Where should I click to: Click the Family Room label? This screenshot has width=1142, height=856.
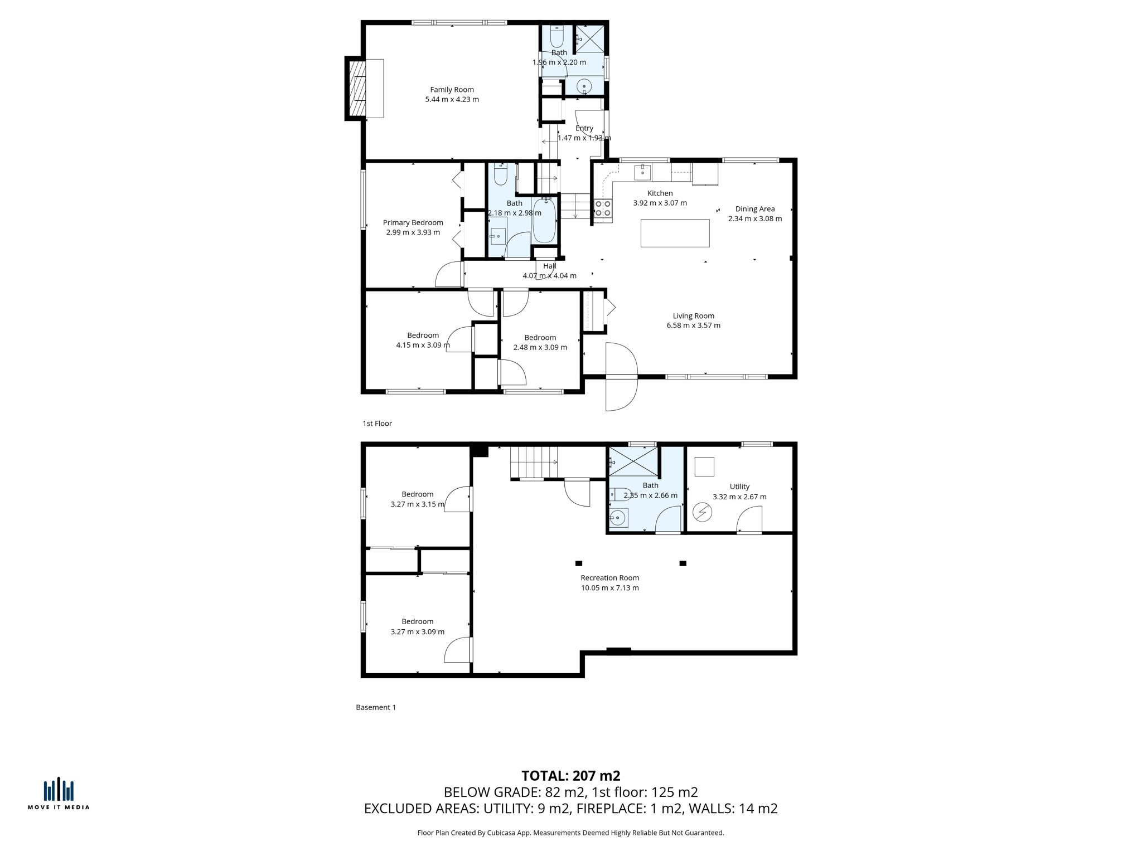coord(452,89)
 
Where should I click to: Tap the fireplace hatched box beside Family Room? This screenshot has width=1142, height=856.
coord(357,88)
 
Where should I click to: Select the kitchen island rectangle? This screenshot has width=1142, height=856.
coord(675,233)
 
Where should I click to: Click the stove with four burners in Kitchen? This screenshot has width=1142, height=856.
coord(603,208)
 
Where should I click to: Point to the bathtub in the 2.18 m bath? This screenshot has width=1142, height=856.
coord(544,221)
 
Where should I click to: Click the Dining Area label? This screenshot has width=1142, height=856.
coord(754,209)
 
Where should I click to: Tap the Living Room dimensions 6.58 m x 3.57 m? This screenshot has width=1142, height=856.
coord(693,325)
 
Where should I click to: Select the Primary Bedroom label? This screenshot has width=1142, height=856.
coord(413,222)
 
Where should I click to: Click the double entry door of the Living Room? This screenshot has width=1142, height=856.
coord(621,377)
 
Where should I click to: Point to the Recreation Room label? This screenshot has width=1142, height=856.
coord(609,578)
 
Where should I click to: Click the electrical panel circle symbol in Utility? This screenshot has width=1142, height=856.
coord(702,512)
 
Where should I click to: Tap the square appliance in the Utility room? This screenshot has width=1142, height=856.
coord(704,466)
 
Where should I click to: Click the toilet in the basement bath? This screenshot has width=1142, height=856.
coord(620,494)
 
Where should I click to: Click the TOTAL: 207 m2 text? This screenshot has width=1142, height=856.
coord(570,776)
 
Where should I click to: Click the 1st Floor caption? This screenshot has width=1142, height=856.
coord(377,424)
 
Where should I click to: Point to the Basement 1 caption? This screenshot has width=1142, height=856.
coord(376,707)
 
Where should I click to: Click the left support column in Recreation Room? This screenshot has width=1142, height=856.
coord(579,563)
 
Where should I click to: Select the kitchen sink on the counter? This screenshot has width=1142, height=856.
coord(642,172)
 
